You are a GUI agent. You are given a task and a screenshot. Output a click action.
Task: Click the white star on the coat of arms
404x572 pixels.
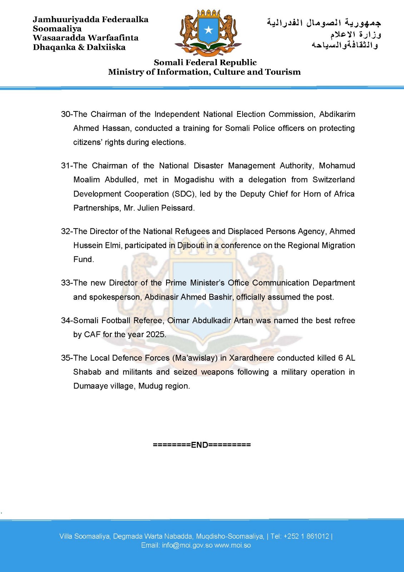click(208, 30)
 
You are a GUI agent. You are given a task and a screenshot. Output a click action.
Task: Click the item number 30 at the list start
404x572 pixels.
click(66, 114)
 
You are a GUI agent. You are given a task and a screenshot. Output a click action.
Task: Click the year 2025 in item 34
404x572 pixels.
click(155, 335)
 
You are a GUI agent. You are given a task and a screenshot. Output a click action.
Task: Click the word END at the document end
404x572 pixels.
click(200, 445)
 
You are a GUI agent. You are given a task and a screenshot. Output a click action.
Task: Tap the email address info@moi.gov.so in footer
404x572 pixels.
click(187, 546)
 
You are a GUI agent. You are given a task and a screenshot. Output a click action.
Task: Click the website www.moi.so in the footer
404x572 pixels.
click(233, 546)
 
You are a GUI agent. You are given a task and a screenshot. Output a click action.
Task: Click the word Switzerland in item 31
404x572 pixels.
click(334, 180)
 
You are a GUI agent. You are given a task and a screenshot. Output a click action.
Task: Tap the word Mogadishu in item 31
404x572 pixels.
click(194, 180)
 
